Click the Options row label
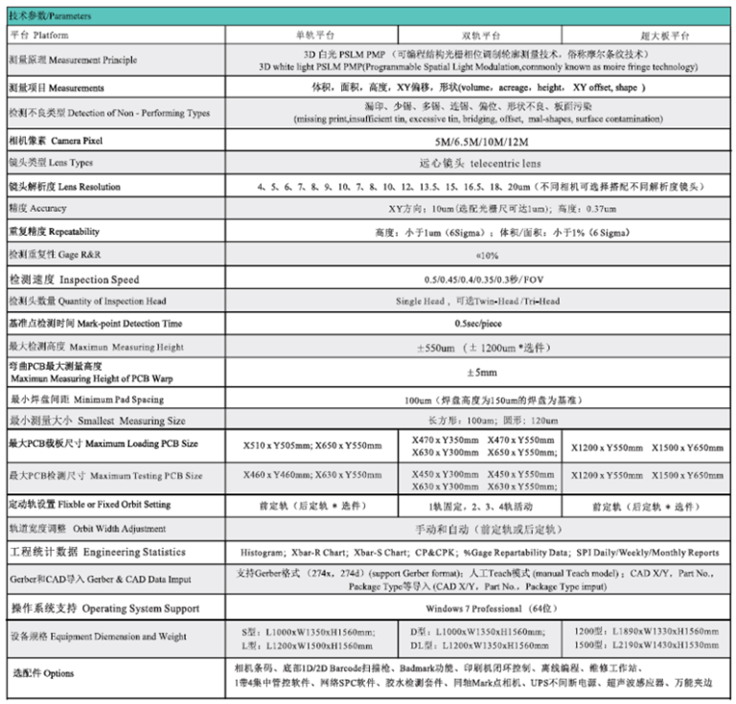pyautogui.click(x=42, y=673)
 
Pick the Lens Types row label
pyautogui.click(x=52, y=164)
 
